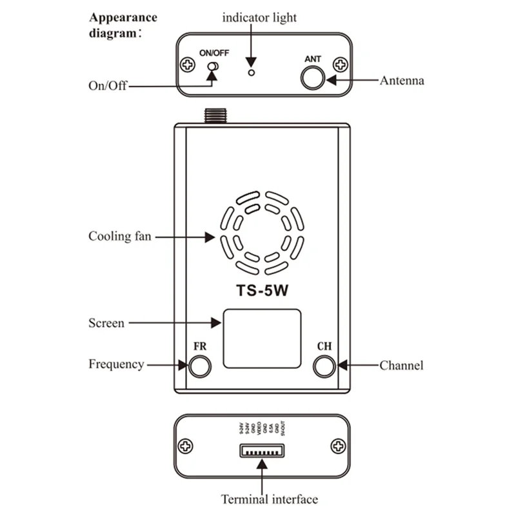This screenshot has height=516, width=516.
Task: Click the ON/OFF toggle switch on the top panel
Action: (x=212, y=67)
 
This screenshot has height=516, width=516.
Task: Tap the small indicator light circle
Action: (x=252, y=72)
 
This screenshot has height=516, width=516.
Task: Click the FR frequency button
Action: (x=199, y=366)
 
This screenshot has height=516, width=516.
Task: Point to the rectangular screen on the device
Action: (x=262, y=338)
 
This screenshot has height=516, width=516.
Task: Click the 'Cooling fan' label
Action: (x=120, y=236)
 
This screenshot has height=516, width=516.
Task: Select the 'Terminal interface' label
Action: (x=270, y=499)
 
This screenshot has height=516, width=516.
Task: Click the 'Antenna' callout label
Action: (x=402, y=81)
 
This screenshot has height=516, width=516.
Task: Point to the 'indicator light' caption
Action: (x=259, y=17)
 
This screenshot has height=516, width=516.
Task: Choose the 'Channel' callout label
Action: (x=401, y=365)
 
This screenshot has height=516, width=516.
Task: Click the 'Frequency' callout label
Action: (x=116, y=364)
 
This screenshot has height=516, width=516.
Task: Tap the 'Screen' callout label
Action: (x=106, y=322)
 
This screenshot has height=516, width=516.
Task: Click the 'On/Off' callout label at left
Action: (x=108, y=85)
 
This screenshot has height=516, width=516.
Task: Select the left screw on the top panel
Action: (x=188, y=64)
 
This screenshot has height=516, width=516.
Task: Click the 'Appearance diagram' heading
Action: (x=123, y=25)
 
